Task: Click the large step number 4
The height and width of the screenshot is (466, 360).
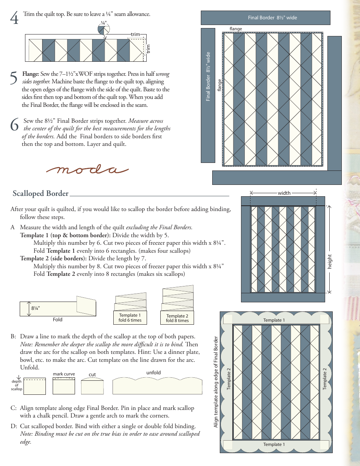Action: click(x=14, y=18)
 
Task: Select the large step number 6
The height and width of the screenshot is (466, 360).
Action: click(x=14, y=125)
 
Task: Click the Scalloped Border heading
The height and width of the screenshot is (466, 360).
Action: click(x=41, y=194)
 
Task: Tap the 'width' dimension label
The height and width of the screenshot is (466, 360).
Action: click(x=284, y=193)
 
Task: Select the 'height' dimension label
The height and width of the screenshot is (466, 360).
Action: click(x=330, y=262)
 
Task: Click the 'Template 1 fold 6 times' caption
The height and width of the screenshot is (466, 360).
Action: click(x=130, y=317)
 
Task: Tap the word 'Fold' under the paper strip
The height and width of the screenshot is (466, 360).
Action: click(x=58, y=319)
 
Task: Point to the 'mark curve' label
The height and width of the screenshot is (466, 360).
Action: click(x=64, y=374)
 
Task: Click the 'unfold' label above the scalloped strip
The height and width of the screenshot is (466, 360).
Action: click(x=153, y=372)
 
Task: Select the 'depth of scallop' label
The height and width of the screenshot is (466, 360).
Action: click(x=16, y=385)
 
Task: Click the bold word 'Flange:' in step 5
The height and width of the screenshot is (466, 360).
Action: click(x=31, y=74)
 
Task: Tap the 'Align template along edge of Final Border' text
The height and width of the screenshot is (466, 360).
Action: click(x=216, y=382)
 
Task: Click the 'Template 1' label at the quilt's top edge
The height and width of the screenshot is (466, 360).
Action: click(x=274, y=320)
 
